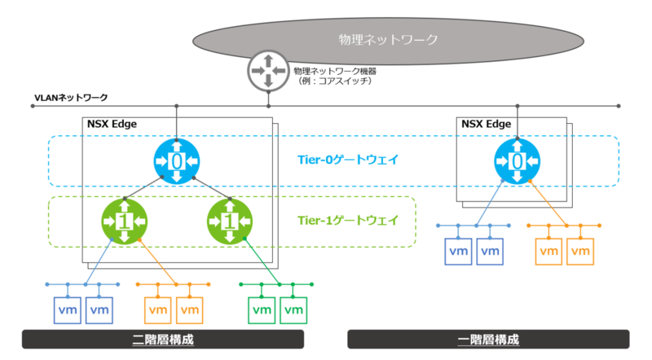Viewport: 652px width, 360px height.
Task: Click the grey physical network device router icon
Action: tap(268, 71)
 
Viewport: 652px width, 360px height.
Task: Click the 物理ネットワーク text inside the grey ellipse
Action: tap(388, 39)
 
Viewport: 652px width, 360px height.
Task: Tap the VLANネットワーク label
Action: tap(71, 98)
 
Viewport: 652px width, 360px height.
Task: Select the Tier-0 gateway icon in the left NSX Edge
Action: tap(177, 161)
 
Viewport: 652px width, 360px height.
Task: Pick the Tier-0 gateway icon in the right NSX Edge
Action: tap(517, 161)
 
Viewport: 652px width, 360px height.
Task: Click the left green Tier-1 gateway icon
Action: tap(125, 222)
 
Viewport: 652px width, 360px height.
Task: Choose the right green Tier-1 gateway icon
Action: tap(230, 222)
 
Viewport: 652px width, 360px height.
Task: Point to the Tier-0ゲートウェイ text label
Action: tap(348, 160)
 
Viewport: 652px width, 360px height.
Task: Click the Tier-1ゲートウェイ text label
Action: tap(348, 221)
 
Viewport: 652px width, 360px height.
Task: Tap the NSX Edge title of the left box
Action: tap(112, 124)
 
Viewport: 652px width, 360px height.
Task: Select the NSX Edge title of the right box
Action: tap(486, 124)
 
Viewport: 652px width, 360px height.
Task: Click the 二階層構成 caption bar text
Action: tap(163, 340)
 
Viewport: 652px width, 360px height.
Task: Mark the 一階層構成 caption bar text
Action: tap(488, 340)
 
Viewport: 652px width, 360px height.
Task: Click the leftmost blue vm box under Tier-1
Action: tap(68, 310)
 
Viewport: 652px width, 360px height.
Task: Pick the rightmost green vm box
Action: tap(293, 310)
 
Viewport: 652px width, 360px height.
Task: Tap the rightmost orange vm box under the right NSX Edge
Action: tap(580, 252)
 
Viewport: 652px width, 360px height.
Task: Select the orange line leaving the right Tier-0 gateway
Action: tap(548, 204)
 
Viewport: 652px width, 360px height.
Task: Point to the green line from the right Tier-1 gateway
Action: tap(262, 261)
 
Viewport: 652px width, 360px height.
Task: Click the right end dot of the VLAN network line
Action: tap(619, 106)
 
